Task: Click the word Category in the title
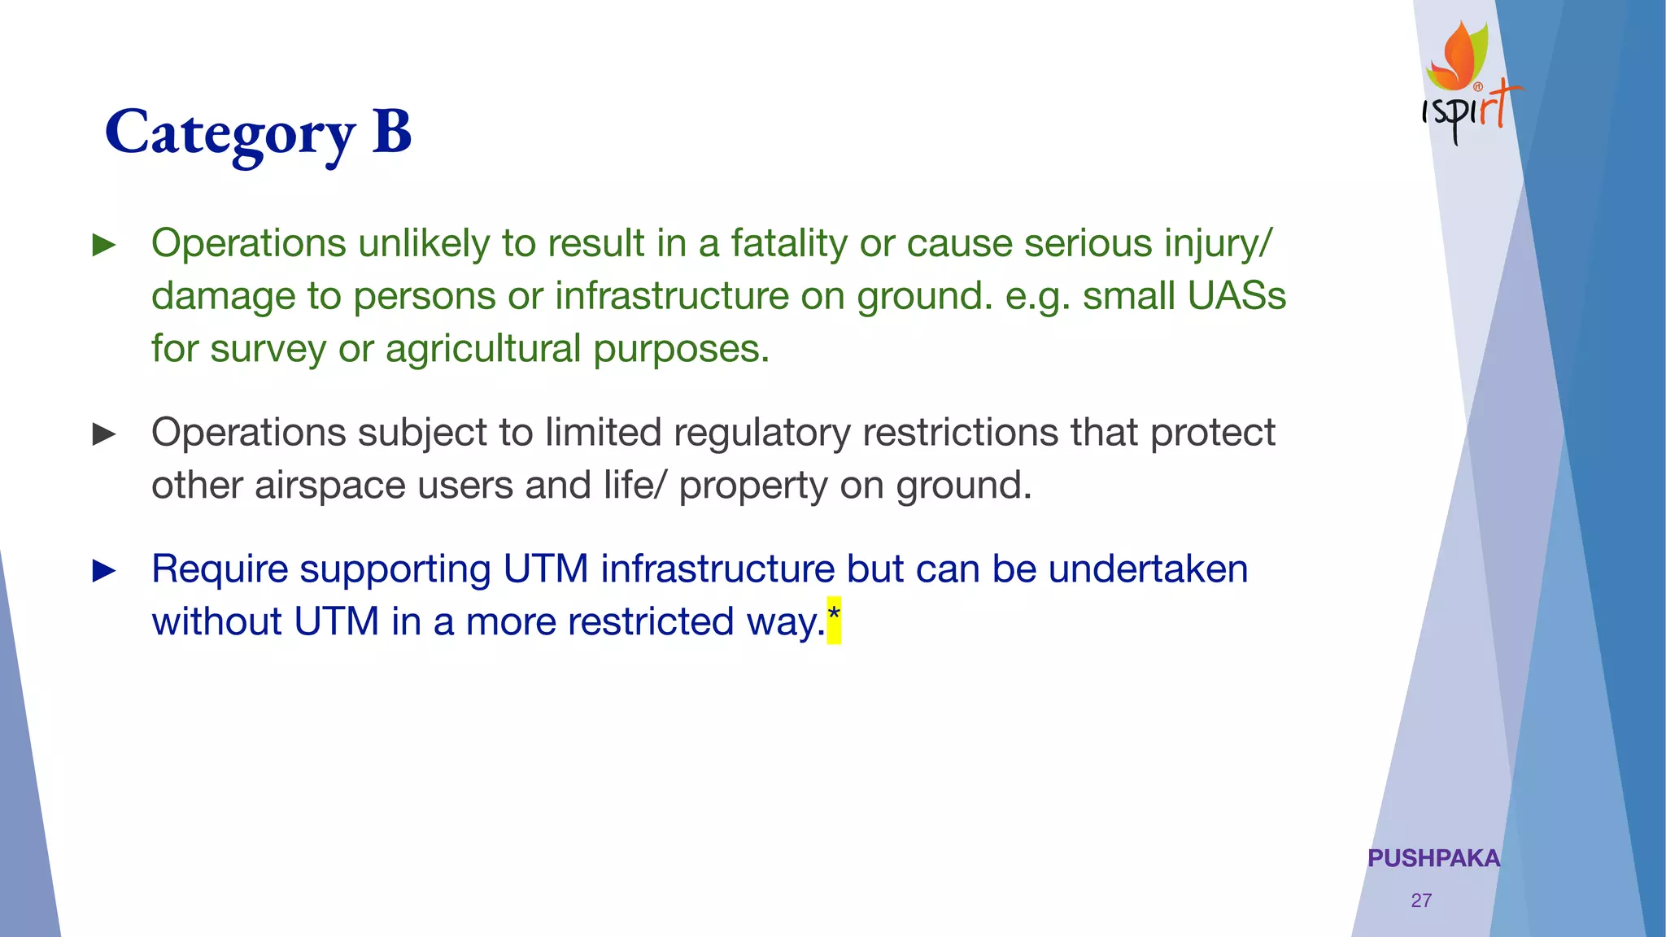pos(230,133)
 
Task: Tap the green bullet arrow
pos(104,245)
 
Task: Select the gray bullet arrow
pos(104,434)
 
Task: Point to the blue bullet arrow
pos(104,570)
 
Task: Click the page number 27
pos(1421,900)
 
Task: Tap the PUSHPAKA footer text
pos(1433,858)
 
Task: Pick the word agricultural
pos(482,349)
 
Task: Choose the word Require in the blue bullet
pos(220,569)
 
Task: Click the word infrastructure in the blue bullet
pos(717,569)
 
